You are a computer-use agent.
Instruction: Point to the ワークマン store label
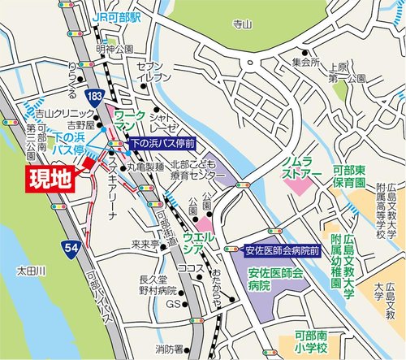pos(127,122)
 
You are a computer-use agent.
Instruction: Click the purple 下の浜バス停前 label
pos(163,144)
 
